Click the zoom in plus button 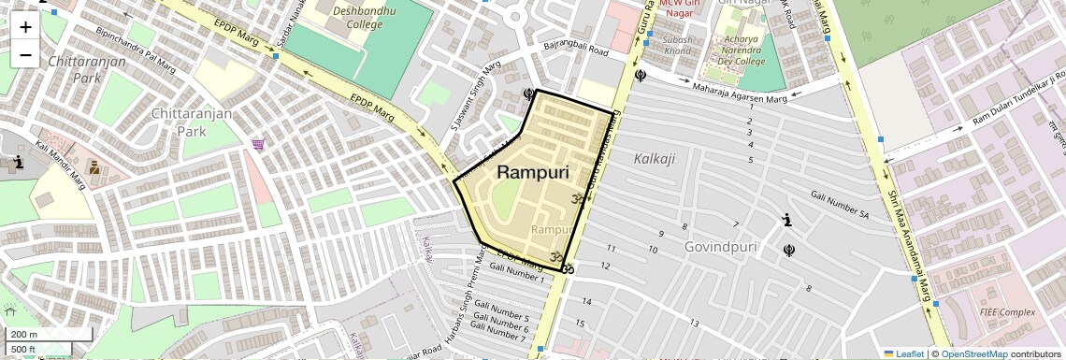point(25,27)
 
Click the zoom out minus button point(25,55)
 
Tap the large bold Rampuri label point(533,172)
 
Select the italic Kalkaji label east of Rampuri point(654,158)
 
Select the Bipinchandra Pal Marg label point(136,50)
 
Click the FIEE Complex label point(1006,311)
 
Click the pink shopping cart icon point(257,144)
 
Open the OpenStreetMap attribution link point(973,353)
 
